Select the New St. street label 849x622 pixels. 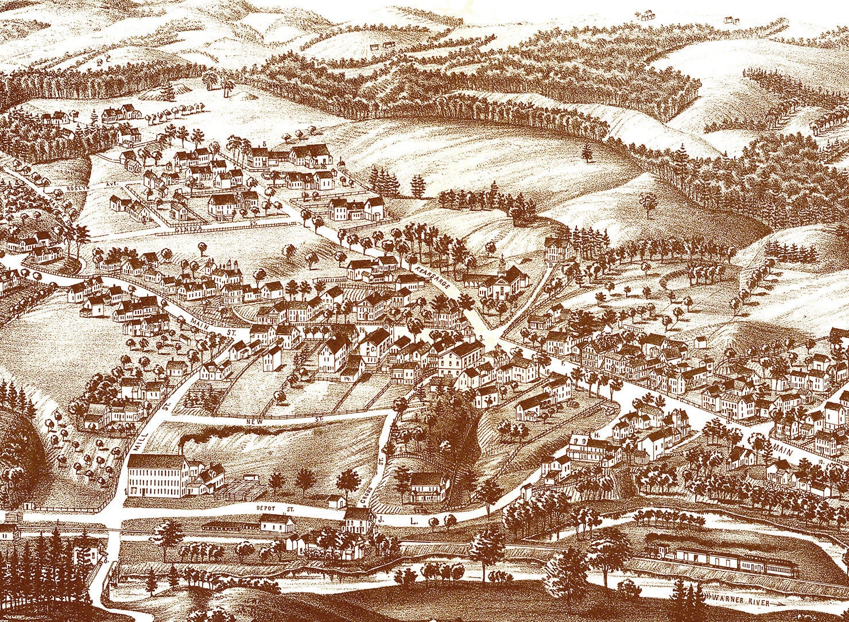point(261,422)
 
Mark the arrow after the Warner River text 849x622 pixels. point(779,602)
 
